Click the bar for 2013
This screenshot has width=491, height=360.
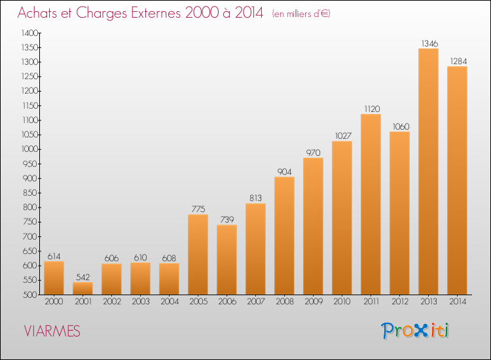pyautogui.click(x=428, y=171)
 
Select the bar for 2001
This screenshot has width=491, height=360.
pyautogui.click(x=82, y=288)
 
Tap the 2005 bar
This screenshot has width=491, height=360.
pyautogui.click(x=198, y=255)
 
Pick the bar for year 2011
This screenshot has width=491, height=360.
pyautogui.click(x=371, y=204)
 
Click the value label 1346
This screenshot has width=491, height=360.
pyautogui.click(x=429, y=43)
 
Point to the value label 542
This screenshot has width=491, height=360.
pyautogui.click(x=83, y=277)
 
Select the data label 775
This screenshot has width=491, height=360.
pyautogui.click(x=198, y=209)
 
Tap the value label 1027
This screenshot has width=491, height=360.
pyautogui.click(x=343, y=135)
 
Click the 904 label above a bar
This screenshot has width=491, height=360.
pyautogui.click(x=284, y=171)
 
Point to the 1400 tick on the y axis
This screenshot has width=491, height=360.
pyautogui.click(x=29, y=33)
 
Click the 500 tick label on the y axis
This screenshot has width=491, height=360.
pyautogui.click(x=30, y=295)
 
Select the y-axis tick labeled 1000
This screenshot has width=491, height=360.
pyautogui.click(x=29, y=149)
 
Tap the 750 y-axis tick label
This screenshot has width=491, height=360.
pyautogui.click(x=30, y=222)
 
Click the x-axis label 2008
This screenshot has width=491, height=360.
pyautogui.click(x=285, y=302)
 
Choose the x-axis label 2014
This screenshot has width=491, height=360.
pyautogui.click(x=458, y=302)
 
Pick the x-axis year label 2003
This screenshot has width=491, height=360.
pyautogui.click(x=141, y=302)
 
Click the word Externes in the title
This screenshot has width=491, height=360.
pyautogui.click(x=156, y=12)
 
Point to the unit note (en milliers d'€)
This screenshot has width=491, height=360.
pyautogui.click(x=301, y=14)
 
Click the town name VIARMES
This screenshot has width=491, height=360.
pyautogui.click(x=52, y=331)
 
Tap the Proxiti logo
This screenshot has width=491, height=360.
pyautogui.click(x=415, y=331)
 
